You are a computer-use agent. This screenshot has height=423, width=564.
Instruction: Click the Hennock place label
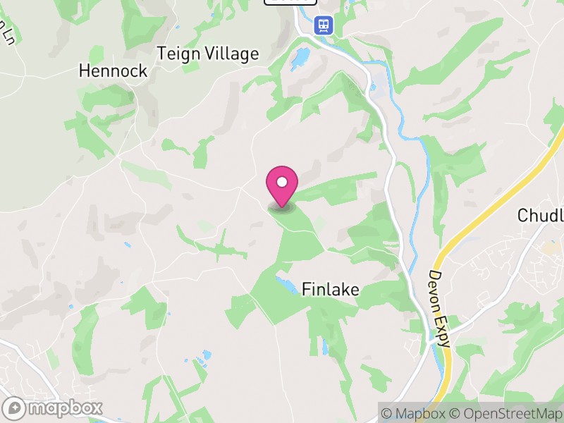pos(113,70)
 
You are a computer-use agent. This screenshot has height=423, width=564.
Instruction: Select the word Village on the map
pos(232,54)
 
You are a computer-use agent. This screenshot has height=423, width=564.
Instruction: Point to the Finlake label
pos(331,289)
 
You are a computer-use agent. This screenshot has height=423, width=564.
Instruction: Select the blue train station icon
pos(324,25)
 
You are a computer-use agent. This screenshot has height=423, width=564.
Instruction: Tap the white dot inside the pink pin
pos(282,183)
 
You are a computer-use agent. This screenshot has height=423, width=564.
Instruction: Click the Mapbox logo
pos(53,408)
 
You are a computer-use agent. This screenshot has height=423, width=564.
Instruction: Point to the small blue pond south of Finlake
pos(324,347)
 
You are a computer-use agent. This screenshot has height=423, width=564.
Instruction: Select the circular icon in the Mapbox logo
pos(13,408)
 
